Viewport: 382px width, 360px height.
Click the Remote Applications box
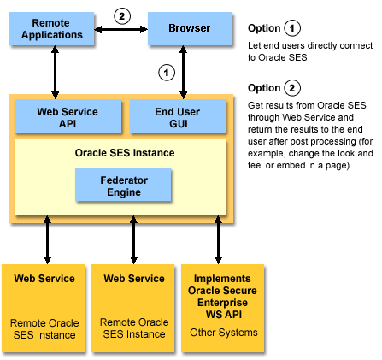pos(52,28)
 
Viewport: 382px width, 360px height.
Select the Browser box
pos(190,28)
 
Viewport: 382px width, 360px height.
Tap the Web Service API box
pos(68,116)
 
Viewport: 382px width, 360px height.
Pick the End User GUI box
pos(178,116)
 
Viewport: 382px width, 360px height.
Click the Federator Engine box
pos(123,185)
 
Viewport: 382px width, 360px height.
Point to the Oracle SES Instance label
pos(125,153)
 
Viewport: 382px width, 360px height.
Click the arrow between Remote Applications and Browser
pos(121,29)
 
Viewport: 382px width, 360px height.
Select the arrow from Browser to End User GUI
pos(184,73)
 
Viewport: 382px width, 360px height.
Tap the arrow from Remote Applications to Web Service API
pos(55,73)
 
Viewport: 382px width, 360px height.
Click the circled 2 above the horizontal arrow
pos(122,16)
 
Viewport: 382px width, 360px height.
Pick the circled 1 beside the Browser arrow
pos(167,73)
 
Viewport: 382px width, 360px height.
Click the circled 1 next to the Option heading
pos(292,28)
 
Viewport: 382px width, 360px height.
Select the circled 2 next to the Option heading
pos(292,88)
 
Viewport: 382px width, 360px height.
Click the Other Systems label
pos(224,333)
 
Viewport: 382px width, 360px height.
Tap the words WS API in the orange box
pos(224,315)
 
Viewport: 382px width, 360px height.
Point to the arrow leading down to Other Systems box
pos(218,240)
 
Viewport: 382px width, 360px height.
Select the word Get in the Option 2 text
pos(254,105)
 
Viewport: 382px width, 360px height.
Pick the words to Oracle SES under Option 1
pos(278,57)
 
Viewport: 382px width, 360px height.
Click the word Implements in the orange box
pos(222,279)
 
